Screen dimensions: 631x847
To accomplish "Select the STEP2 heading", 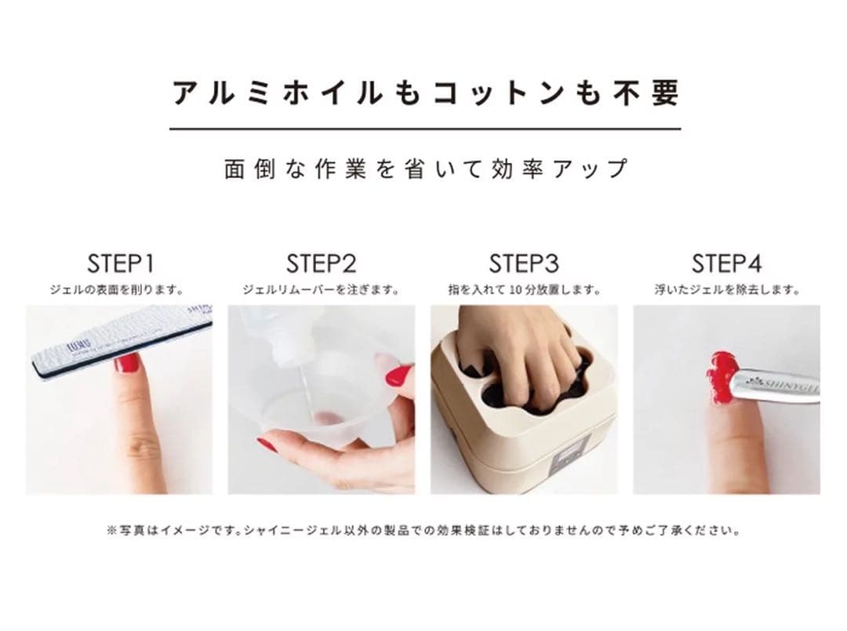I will click(321, 263).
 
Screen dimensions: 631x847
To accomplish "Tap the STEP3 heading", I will click(524, 263).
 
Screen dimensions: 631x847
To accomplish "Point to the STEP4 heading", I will click(726, 263).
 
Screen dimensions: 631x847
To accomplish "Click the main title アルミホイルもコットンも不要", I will click(425, 93).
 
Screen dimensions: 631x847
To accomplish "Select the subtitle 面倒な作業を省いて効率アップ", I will click(425, 169).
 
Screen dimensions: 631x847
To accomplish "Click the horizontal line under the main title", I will click(425, 128).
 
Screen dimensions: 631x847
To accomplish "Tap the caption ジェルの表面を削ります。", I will click(118, 290).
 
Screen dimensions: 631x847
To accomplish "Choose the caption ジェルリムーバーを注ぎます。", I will click(321, 290).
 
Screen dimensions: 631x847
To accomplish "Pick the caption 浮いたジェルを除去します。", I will click(726, 290).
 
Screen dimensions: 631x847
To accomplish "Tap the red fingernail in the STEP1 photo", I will click(127, 362).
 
